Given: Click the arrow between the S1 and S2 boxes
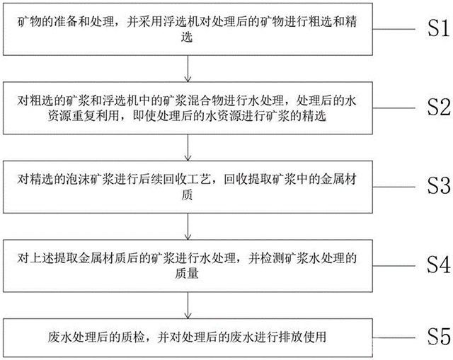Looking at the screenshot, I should coord(186,69).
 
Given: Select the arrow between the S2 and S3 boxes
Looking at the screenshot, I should coord(186,147).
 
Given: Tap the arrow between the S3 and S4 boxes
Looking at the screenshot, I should coord(186,226).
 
